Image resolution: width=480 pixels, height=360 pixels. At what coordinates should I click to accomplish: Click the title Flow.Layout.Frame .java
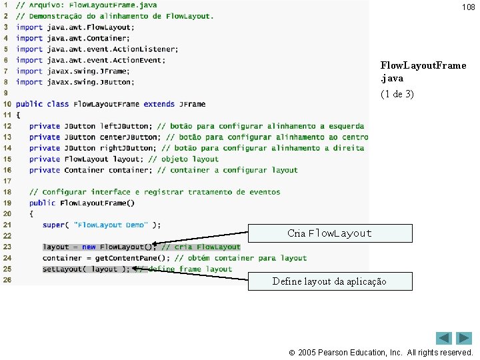423,71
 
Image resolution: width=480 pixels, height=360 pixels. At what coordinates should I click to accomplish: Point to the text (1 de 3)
397,94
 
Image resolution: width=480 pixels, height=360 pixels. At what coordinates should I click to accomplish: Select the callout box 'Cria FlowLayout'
329,233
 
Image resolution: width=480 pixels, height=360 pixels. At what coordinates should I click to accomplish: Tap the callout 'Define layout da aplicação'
329,281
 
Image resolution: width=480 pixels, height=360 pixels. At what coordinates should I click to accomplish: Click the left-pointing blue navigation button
444,338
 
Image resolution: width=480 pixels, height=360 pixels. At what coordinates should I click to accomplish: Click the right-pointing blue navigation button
464,338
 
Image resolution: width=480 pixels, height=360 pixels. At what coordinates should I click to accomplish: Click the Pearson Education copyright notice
385,352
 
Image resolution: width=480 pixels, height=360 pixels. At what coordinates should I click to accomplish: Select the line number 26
7,280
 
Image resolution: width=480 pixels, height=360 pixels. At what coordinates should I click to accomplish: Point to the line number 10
7,104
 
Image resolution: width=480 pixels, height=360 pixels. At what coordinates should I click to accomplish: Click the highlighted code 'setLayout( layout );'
86,269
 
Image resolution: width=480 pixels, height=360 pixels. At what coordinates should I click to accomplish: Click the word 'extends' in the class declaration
159,104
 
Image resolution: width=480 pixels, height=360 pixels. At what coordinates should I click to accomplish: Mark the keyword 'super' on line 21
53,225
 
